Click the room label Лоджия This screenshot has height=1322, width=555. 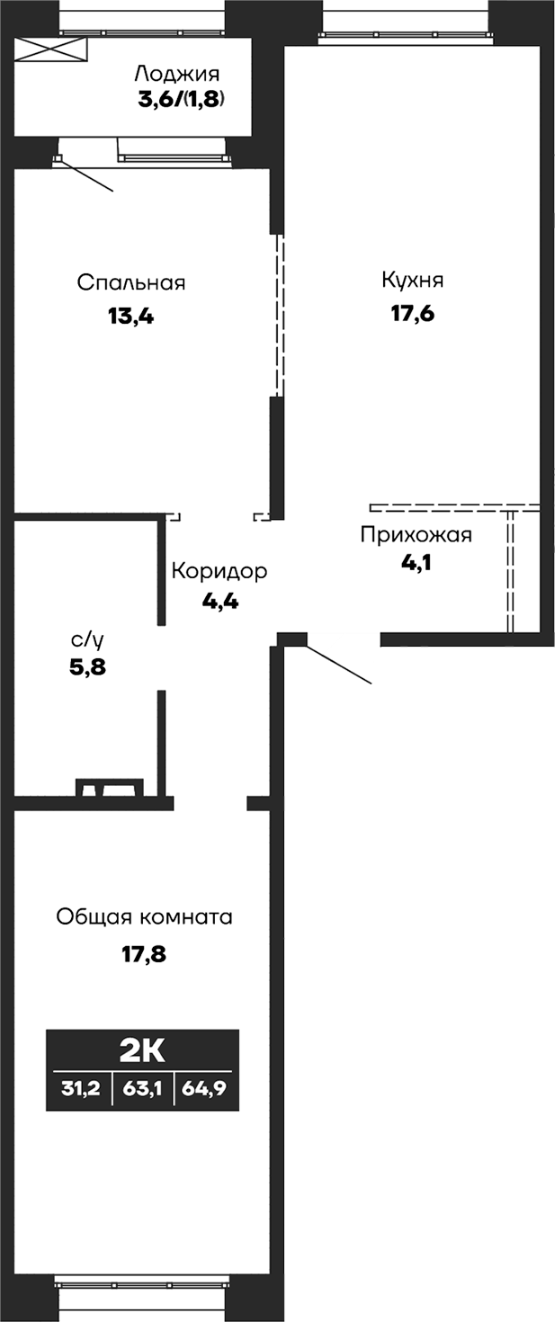pyautogui.click(x=176, y=74)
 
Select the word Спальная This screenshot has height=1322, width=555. pyautogui.click(x=131, y=283)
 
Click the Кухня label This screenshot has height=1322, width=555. pyautogui.click(x=412, y=281)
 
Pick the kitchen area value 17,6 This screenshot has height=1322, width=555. pyautogui.click(x=412, y=315)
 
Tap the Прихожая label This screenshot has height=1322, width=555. pyautogui.click(x=416, y=536)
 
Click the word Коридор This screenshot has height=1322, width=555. pyautogui.click(x=219, y=571)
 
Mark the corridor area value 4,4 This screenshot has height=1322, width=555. pyautogui.click(x=219, y=602)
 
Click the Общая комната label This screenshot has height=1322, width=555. pyautogui.click(x=144, y=917)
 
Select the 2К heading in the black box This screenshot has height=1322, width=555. pyautogui.click(x=143, y=1050)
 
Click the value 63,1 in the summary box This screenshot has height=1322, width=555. pyautogui.click(x=142, y=1088)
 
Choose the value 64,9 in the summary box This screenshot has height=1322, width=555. pyautogui.click(x=205, y=1088)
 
